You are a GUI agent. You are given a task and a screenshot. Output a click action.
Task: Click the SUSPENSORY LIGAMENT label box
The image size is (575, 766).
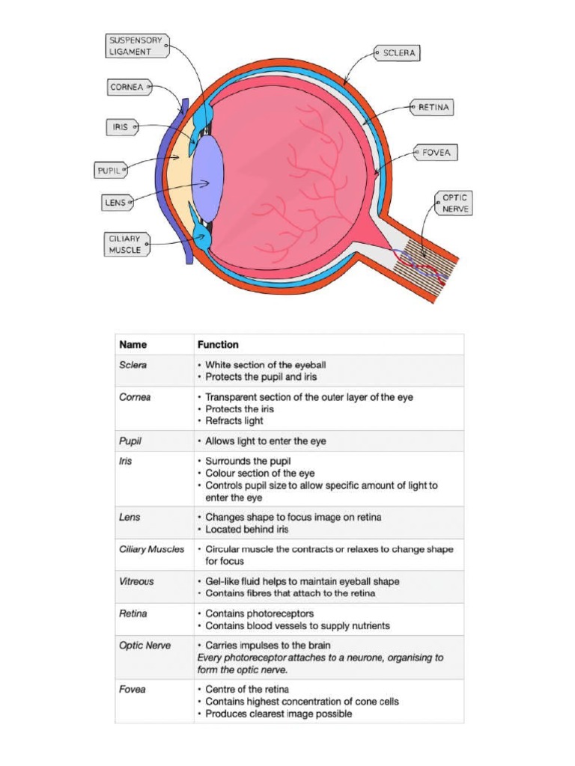coord(135,46)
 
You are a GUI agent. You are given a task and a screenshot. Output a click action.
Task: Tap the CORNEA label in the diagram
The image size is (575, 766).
coord(126,88)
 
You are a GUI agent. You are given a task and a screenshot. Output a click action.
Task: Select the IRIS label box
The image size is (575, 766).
coord(120,128)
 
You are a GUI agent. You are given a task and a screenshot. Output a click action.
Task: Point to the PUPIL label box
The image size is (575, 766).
coord(109,171)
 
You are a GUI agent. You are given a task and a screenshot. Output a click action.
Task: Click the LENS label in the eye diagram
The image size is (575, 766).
coord(116,202)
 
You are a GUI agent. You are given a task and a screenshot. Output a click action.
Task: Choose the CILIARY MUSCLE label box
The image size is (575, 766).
coord(125,245)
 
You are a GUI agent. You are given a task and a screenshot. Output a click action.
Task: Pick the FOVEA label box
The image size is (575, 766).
coord(435,153)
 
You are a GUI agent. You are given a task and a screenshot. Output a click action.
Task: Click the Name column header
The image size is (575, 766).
coord(133,345)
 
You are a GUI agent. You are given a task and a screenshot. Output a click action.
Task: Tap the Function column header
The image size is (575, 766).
coord(218,345)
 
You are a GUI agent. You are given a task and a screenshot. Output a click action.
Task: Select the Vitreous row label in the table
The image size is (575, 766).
coord(137,581)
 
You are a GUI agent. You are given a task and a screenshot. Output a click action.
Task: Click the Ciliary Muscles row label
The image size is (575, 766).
coord(151,549)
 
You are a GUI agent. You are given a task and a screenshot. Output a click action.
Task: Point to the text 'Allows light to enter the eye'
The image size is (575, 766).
coord(266,441)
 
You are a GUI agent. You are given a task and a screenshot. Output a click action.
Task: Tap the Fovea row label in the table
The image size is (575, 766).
coord(133,690)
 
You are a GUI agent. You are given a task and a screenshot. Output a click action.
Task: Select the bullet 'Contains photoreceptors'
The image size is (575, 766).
coord(259,614)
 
